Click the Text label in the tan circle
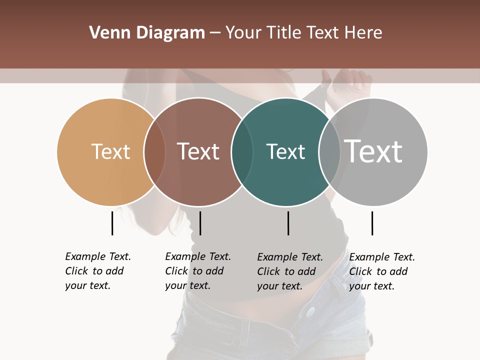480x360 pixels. point(110,151)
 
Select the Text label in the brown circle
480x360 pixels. point(198,151)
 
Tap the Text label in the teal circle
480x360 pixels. point(285,151)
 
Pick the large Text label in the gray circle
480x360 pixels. point(373,151)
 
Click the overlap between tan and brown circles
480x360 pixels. point(154,152)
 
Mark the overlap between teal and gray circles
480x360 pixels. point(329,152)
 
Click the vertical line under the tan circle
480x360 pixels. point(112,223)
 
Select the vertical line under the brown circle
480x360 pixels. point(200,223)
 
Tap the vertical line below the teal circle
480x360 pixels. point(288,223)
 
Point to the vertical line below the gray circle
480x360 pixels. point(372,223)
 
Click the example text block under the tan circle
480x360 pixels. point(97,271)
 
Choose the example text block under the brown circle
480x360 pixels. point(197,271)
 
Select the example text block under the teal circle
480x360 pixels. point(289,271)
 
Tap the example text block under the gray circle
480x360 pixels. point(381,271)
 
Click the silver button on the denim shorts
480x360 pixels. point(311,311)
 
